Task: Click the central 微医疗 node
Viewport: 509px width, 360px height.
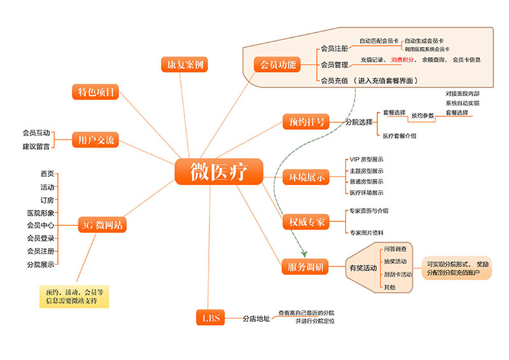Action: click(219, 172)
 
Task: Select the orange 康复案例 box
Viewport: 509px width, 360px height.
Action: click(185, 65)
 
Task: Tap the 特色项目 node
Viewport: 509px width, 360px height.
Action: click(95, 92)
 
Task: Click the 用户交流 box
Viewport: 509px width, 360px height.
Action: click(95, 140)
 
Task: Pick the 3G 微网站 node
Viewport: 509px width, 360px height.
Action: click(102, 225)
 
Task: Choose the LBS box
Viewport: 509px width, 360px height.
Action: click(211, 318)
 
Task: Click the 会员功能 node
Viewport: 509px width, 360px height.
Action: click(277, 65)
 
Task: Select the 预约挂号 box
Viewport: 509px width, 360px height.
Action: click(306, 121)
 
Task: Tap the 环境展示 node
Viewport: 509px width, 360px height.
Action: click(306, 177)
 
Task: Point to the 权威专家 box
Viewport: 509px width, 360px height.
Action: click(306, 222)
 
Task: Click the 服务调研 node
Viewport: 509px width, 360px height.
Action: click(305, 267)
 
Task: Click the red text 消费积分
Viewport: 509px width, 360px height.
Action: click(403, 60)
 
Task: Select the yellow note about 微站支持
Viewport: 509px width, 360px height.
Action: click(74, 296)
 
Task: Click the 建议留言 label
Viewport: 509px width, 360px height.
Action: click(36, 146)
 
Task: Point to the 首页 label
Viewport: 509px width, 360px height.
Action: click(47, 174)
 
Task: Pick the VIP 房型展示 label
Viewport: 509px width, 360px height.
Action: click(366, 160)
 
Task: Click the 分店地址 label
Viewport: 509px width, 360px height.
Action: click(256, 319)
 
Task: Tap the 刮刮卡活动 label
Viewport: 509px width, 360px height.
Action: click(398, 274)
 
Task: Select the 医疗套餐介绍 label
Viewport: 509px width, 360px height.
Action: click(400, 136)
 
